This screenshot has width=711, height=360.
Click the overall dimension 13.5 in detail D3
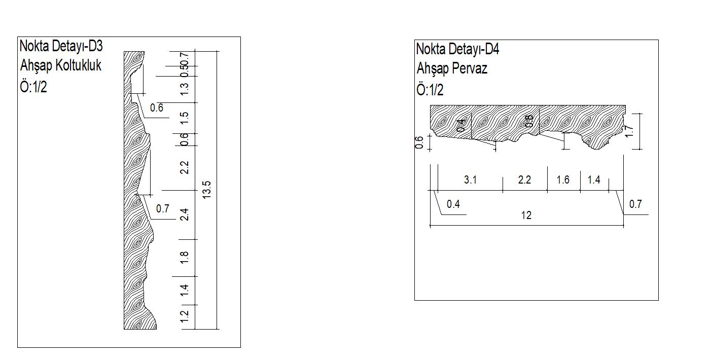pyautogui.click(x=206, y=190)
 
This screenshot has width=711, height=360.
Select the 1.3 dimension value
pyautogui.click(x=185, y=89)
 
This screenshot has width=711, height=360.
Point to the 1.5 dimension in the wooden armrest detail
pyautogui.click(x=185, y=118)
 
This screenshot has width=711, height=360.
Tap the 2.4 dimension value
pyautogui.click(x=185, y=215)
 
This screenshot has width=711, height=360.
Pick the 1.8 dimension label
pyautogui.click(x=185, y=258)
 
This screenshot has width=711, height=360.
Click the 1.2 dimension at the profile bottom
pyautogui.click(x=185, y=316)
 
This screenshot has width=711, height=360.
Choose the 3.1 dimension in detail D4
pyautogui.click(x=470, y=180)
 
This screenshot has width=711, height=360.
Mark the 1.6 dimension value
pyautogui.click(x=563, y=180)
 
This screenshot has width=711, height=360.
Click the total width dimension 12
pyautogui.click(x=526, y=215)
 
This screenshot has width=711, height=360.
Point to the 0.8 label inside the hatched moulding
pyautogui.click(x=529, y=121)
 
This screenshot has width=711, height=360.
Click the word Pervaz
pyautogui.click(x=470, y=69)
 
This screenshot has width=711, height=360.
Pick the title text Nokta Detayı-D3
pyautogui.click(x=61, y=46)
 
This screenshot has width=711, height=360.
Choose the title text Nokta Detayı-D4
pyautogui.click(x=457, y=49)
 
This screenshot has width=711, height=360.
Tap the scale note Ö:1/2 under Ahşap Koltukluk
pyautogui.click(x=33, y=87)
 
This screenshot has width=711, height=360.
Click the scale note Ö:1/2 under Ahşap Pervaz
pyautogui.click(x=430, y=90)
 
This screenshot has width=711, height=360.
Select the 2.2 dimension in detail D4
pyautogui.click(x=524, y=180)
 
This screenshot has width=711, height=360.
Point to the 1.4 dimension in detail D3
pyautogui.click(x=185, y=290)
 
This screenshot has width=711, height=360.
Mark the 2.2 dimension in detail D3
pyautogui.click(x=185, y=167)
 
